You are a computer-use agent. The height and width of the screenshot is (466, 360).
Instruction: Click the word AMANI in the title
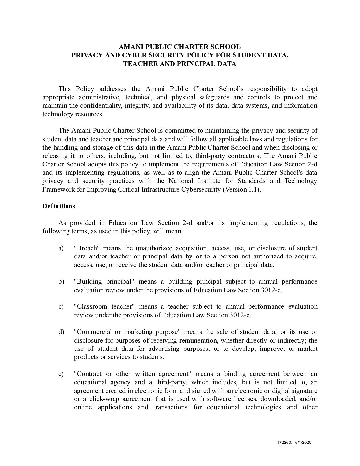(132, 47)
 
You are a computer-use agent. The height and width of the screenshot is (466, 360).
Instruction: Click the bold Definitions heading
(59, 206)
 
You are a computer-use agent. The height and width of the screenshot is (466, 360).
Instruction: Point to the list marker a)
(61, 248)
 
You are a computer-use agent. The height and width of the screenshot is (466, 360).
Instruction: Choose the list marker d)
(61, 332)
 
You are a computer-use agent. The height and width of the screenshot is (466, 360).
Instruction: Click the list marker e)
(61, 374)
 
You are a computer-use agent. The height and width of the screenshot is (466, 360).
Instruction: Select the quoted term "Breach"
(87, 248)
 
